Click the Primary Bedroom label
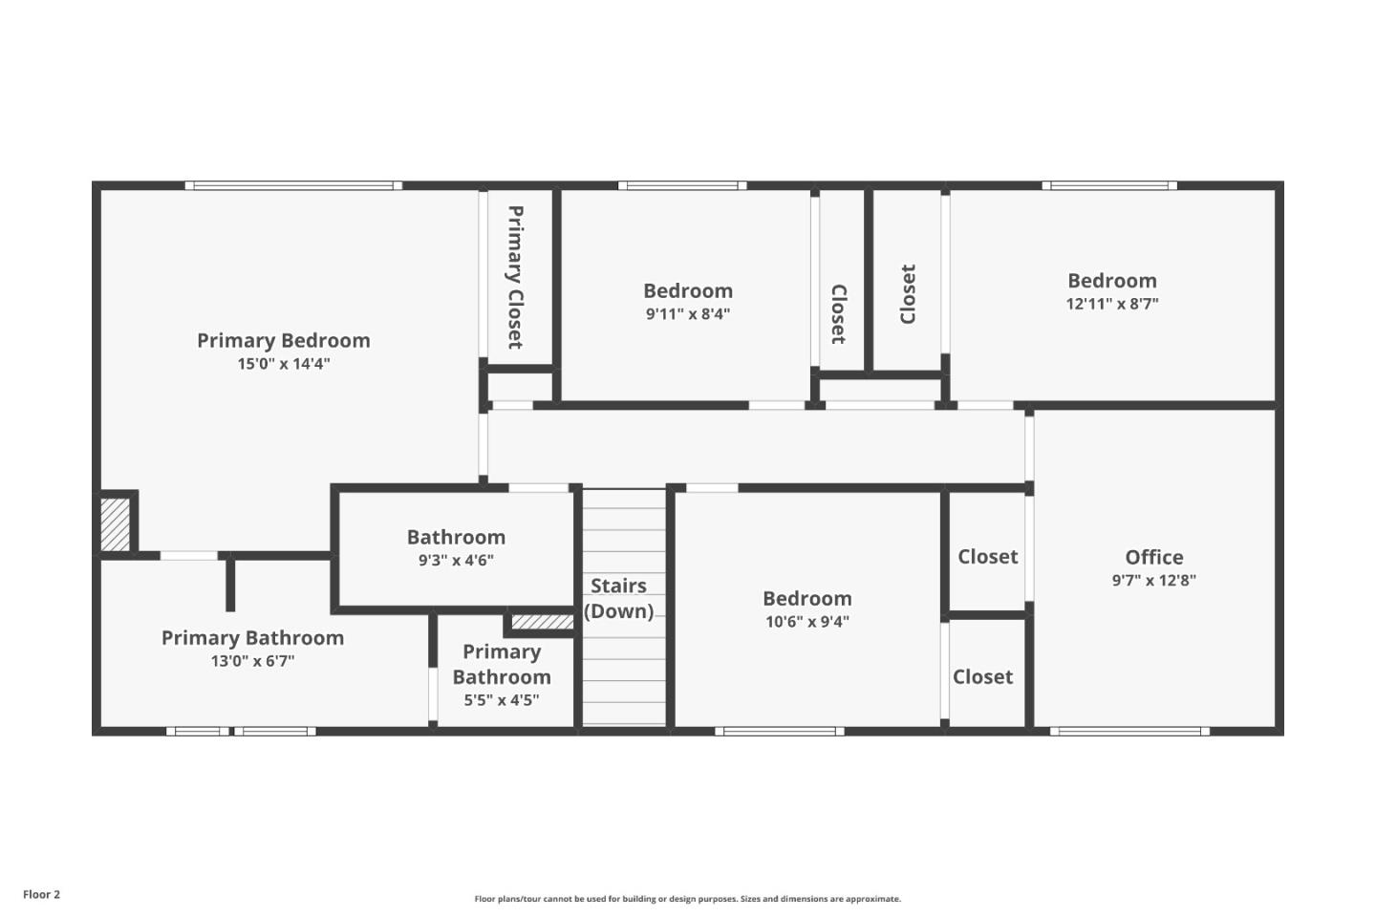[283, 340]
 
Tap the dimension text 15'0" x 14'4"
[283, 364]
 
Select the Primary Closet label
[515, 277]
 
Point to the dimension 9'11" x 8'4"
[687, 314]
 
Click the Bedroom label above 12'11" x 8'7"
[1111, 281]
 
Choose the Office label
[1153, 557]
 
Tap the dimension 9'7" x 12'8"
[1153, 581]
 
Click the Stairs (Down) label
[618, 599]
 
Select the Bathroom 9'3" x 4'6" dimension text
[456, 561]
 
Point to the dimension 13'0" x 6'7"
[252, 661]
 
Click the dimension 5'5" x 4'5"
[502, 700]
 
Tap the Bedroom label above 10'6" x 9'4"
[806, 599]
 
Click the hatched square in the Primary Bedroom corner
[116, 523]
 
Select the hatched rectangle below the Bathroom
[542, 622]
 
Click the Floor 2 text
[41, 895]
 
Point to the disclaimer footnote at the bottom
[687, 899]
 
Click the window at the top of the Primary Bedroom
[293, 185]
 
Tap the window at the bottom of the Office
[1129, 732]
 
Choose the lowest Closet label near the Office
[982, 676]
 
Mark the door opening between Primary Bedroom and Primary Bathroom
[188, 555]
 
